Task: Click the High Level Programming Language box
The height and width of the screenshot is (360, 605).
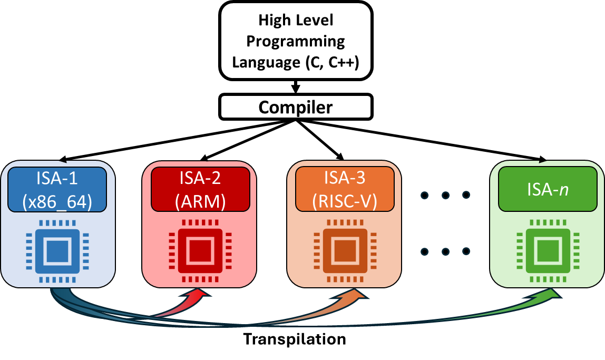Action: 296,41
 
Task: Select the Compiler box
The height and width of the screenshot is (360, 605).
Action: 296,107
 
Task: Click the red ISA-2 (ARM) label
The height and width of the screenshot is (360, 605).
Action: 200,189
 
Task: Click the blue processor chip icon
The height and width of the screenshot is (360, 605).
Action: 57,251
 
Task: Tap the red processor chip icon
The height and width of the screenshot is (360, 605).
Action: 200,251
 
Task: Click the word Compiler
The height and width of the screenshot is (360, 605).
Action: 296,107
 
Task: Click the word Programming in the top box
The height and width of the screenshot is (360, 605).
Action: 296,41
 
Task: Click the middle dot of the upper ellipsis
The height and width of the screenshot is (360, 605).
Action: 445,196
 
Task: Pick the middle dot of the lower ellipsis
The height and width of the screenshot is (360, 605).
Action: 445,251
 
